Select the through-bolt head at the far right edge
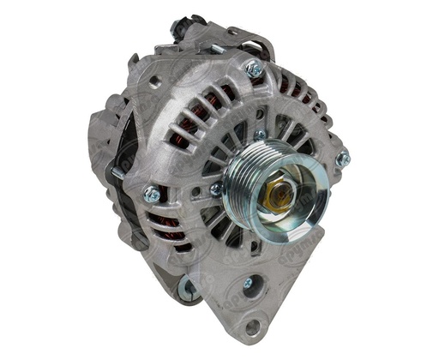(x=342, y=159)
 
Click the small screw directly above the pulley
(x=259, y=135)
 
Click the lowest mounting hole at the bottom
(x=252, y=327)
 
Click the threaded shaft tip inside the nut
(x=277, y=195)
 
